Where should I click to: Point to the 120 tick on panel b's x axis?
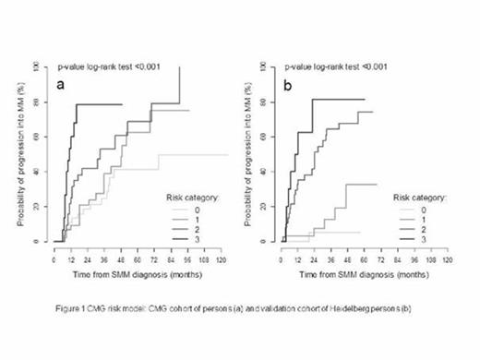(448, 258)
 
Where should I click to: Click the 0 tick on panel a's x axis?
(54, 258)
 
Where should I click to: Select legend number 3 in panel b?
(425, 238)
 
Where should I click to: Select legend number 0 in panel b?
(425, 208)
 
